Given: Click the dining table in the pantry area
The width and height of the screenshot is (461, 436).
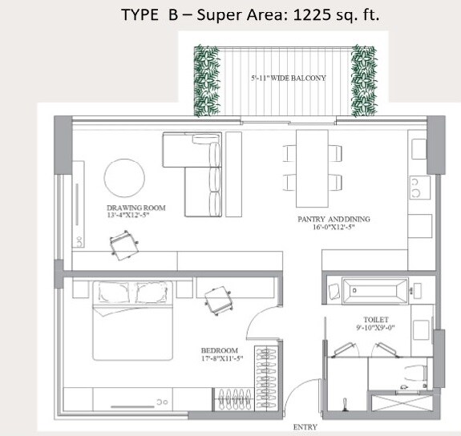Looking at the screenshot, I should click(313, 168).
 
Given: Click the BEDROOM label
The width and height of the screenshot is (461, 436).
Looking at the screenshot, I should click(220, 351).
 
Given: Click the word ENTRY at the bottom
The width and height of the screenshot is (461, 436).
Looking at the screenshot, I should click(305, 427).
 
